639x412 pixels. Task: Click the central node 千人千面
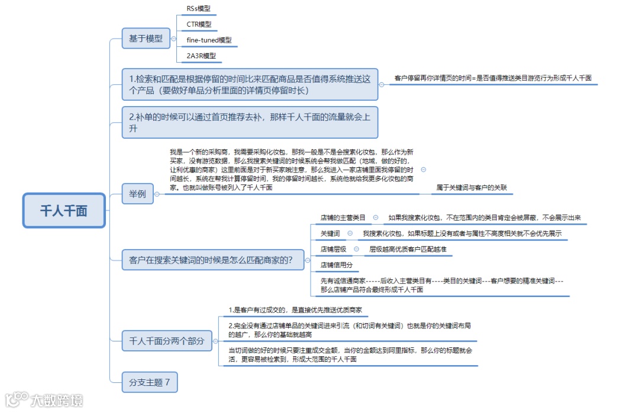click(64, 210)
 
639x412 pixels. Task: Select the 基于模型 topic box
click(146, 39)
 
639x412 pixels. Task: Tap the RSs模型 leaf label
click(198, 8)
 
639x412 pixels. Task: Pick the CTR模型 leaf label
click(199, 24)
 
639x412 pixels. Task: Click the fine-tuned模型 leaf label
click(209, 40)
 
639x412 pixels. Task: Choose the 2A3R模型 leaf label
click(201, 56)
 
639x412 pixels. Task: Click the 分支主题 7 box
click(149, 382)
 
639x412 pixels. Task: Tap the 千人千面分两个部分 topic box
click(166, 341)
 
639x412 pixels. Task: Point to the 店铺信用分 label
click(337, 265)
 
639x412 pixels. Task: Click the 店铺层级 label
click(334, 250)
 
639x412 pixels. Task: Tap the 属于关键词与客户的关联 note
click(472, 188)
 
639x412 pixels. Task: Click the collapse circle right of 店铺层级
click(356, 249)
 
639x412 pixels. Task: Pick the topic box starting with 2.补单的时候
click(250, 123)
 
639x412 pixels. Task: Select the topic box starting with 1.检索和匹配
click(250, 84)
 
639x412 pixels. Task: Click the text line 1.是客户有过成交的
click(295, 310)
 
